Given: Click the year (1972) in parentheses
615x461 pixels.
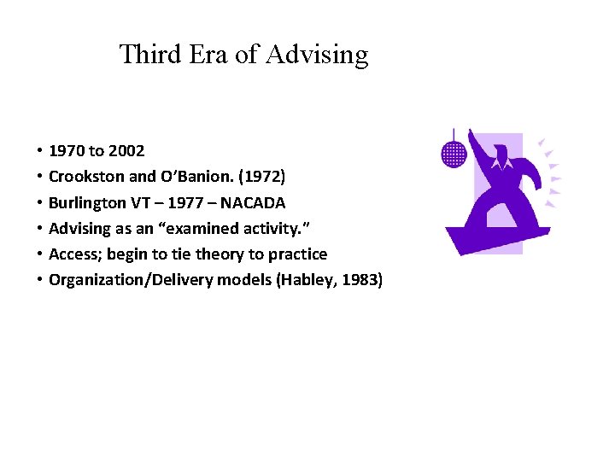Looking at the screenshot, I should pyautogui.click(x=261, y=177).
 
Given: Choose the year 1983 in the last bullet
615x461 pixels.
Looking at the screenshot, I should pyautogui.click(x=358, y=279).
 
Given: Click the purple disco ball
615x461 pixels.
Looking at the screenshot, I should pyautogui.click(x=454, y=153).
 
